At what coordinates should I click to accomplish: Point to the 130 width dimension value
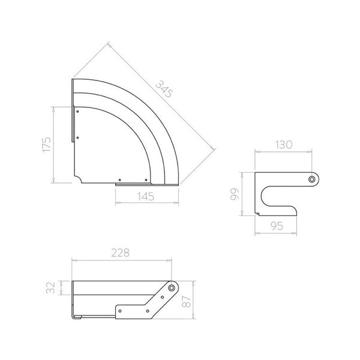[284, 145]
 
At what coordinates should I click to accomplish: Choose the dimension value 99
[235, 194]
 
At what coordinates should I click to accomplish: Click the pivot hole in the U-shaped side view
[311, 179]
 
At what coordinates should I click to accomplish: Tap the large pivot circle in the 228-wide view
[172, 288]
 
